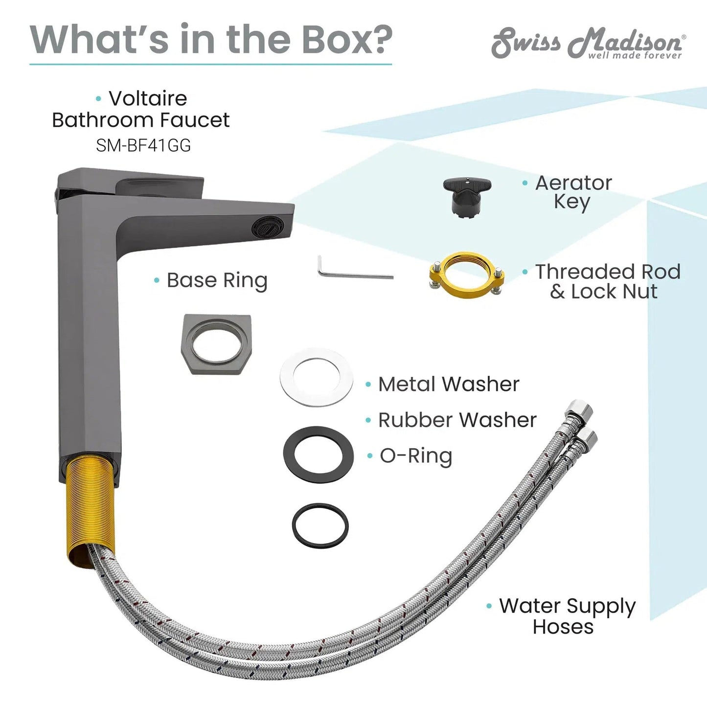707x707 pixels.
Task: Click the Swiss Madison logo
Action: pyautogui.click(x=588, y=43)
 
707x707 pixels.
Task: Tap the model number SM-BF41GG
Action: pyautogui.click(x=143, y=146)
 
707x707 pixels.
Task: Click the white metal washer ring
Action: pyautogui.click(x=316, y=377)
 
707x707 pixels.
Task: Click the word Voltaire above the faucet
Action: pyautogui.click(x=148, y=98)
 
